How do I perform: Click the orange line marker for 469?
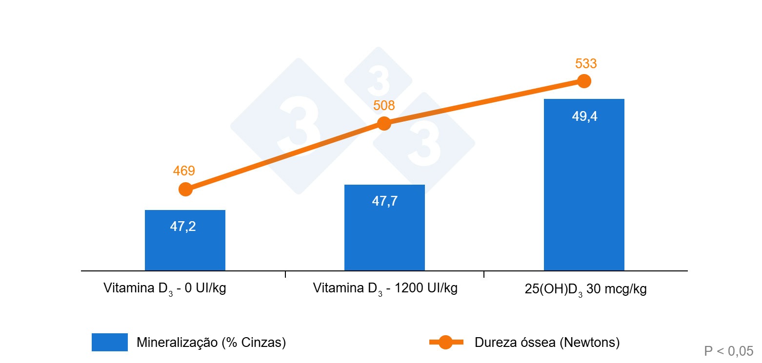click(185, 189)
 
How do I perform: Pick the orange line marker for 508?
click(384, 123)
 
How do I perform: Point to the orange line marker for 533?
click(584, 81)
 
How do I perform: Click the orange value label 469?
click(184, 171)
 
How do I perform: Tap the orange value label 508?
click(384, 106)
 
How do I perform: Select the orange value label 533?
click(586, 64)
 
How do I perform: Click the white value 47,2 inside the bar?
click(183, 227)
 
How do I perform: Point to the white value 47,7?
click(385, 201)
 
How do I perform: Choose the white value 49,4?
click(584, 117)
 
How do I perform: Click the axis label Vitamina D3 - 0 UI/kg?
click(165, 288)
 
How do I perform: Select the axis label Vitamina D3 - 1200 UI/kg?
click(385, 288)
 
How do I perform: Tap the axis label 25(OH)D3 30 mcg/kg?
click(585, 289)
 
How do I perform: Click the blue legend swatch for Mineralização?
click(110, 342)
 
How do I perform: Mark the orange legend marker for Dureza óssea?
click(446, 343)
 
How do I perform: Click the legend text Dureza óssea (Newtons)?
click(547, 343)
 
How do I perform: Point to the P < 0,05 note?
click(729, 351)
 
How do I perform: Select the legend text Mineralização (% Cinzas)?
click(211, 343)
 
